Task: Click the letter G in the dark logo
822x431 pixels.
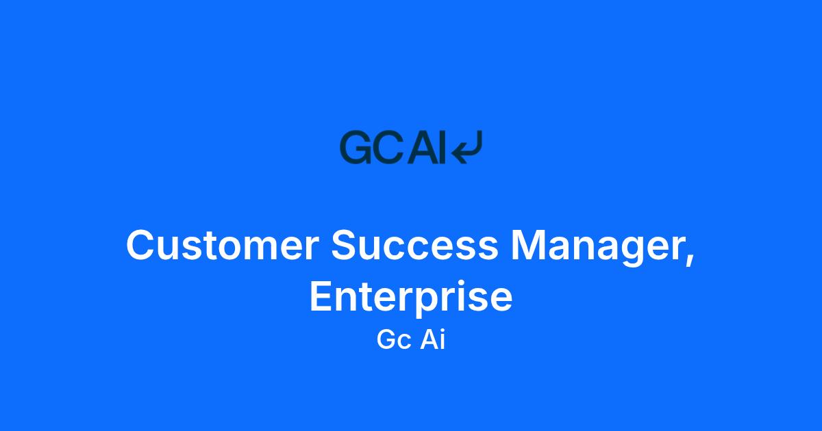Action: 356,147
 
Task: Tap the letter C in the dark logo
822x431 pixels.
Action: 388,147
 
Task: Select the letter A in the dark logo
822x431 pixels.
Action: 423,147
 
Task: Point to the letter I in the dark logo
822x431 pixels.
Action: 443,147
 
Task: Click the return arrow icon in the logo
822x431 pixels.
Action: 466,147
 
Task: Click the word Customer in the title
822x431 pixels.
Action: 223,245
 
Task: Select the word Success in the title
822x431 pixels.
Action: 414,245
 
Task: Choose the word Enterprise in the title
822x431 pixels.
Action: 411,297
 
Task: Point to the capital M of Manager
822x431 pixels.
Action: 527,245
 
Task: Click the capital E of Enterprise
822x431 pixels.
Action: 321,296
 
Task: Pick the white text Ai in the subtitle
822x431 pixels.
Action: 433,339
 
